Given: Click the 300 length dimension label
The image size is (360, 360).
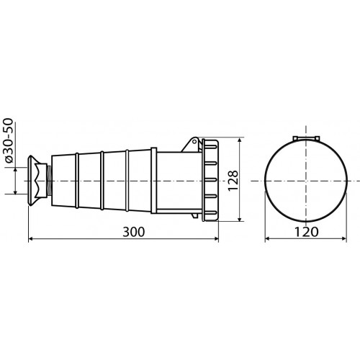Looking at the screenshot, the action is pos(134,232).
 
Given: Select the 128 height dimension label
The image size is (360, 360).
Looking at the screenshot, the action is pos(233,181).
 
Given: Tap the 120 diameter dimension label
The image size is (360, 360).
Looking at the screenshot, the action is pos(306,232).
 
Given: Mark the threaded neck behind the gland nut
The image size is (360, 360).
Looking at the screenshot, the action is pos(49,181).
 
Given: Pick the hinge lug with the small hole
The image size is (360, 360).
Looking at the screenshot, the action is pos(192,144).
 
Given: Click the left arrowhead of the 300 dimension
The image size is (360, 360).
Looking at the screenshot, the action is pos(31,238).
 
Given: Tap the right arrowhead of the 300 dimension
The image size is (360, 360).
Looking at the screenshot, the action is pos(216,238).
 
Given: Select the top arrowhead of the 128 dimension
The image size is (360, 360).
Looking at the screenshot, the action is pos(239,140).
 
